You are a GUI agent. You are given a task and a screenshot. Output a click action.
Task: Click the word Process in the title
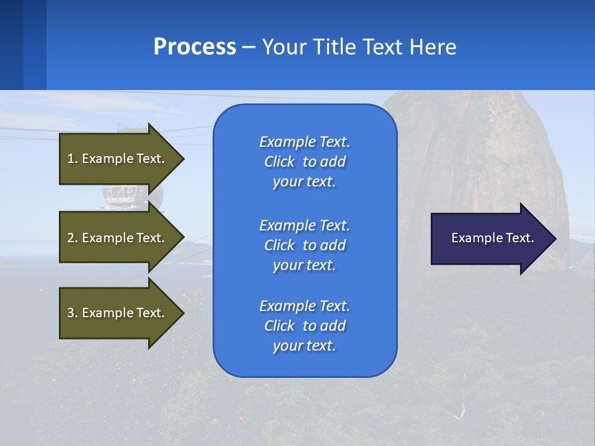pyautogui.click(x=195, y=47)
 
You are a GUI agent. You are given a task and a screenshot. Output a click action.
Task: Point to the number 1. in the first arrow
pyautogui.click(x=73, y=159)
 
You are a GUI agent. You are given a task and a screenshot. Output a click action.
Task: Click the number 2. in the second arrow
pyautogui.click(x=73, y=238)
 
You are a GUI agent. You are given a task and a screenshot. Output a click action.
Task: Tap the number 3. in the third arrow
pyautogui.click(x=73, y=313)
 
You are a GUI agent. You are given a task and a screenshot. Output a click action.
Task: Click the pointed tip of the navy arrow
pyautogui.click(x=553, y=238)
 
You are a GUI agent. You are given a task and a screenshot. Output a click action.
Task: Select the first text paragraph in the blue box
pyautogui.click(x=304, y=162)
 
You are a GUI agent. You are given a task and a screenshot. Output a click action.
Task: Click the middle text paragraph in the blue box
pyautogui.click(x=304, y=245)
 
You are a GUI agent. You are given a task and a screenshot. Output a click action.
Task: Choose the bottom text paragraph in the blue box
pyautogui.click(x=304, y=326)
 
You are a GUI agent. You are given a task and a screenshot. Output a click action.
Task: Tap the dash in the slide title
pyautogui.click(x=249, y=48)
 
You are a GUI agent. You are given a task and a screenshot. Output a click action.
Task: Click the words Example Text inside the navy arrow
pyautogui.click(x=493, y=238)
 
